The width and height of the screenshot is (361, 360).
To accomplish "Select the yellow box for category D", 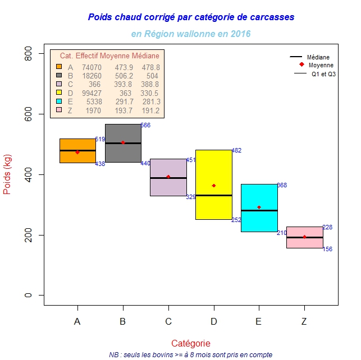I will pos(213,168).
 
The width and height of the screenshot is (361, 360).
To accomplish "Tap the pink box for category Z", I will pos(304,231).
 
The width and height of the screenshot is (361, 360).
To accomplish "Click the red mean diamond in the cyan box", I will pos(259,207).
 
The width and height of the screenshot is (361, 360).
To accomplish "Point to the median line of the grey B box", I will pos(123,143).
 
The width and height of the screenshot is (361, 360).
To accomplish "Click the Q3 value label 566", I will pos(145,125).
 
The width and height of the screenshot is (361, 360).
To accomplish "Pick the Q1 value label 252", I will pos(236,220).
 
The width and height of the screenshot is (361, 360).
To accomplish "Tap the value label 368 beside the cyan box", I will pos(282,185).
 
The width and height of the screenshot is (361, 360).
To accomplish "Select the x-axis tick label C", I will pos(168,321).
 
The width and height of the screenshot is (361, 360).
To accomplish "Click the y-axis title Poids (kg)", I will pos(8,174).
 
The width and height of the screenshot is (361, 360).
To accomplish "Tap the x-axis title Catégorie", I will pos(191,343).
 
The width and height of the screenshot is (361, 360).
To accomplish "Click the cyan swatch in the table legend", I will pos(58,101).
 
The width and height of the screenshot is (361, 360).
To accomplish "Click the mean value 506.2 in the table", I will pos(124,75).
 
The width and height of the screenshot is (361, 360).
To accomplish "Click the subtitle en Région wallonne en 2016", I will pos(191,34).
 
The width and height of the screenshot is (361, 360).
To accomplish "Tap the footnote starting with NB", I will pos(191,354).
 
